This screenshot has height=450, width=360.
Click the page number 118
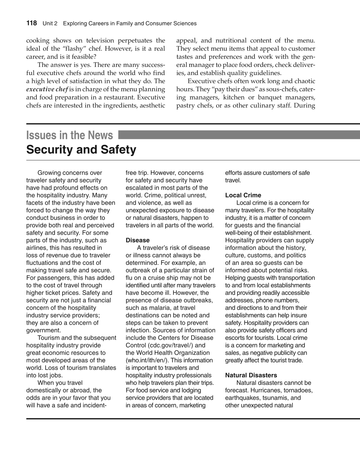pyautogui.click(x=32, y=23)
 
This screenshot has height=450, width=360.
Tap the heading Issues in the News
pyautogui.click(x=69, y=135)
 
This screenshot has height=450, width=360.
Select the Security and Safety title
pyautogui.click(x=81, y=150)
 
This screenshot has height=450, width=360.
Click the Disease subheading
pyautogui.click(x=137, y=240)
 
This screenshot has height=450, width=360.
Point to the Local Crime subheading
pyautogui.click(x=243, y=195)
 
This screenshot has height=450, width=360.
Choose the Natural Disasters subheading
pyautogui.click(x=251, y=375)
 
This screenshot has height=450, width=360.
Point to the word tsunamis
pyautogui.click(x=273, y=398)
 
